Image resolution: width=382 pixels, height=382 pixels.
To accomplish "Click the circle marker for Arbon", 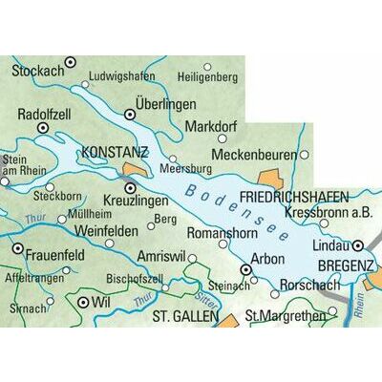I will (245, 271).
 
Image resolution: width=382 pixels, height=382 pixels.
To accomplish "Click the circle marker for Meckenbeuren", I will (305, 154).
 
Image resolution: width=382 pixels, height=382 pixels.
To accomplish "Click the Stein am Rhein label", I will (18, 164).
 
